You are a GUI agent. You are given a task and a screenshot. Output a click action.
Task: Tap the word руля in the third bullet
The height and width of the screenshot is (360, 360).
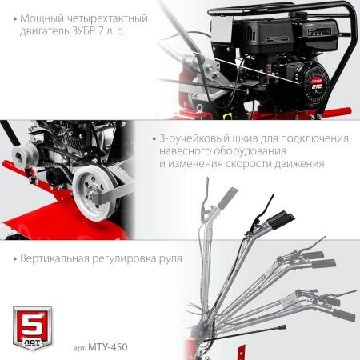(167, 259)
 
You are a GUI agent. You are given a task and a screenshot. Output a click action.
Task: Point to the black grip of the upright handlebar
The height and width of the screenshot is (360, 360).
(226, 196)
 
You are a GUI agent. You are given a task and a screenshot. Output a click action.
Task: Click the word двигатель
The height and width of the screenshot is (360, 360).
(40, 31)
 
